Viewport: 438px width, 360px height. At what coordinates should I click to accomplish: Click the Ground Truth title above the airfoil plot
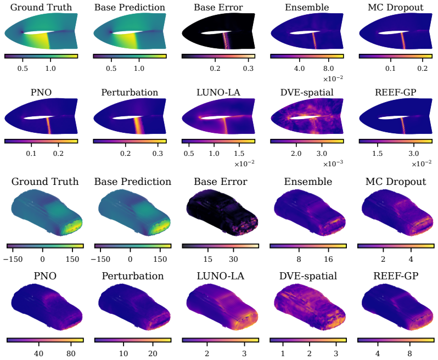41,7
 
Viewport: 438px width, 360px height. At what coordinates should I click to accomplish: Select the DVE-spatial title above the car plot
308,276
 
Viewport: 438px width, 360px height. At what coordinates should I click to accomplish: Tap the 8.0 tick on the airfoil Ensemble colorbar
328,68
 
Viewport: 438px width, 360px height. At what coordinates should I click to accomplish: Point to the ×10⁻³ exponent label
333,164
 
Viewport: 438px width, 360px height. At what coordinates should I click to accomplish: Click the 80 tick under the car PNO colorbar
71,353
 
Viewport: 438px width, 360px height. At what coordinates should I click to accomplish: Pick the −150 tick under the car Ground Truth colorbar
13,259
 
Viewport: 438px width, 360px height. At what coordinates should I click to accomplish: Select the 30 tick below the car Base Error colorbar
233,259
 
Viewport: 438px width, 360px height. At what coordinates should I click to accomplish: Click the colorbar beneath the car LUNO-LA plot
220,340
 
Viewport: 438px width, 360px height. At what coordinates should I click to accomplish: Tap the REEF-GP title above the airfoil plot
396,92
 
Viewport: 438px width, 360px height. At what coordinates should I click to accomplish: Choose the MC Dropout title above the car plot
396,182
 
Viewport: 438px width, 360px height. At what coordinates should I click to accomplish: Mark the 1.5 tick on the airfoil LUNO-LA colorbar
239,153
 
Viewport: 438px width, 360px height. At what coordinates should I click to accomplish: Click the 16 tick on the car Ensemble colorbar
328,259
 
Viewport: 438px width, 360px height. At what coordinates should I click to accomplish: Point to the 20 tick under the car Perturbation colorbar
153,353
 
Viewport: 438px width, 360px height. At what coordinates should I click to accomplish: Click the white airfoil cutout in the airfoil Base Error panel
212,33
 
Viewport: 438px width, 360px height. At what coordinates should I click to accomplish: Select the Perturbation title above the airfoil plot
130,92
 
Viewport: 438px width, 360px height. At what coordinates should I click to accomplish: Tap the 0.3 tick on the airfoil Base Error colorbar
248,68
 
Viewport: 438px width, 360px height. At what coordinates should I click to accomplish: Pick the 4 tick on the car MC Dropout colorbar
411,259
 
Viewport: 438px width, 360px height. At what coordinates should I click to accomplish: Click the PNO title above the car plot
45,276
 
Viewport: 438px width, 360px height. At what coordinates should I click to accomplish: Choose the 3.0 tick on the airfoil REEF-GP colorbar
413,153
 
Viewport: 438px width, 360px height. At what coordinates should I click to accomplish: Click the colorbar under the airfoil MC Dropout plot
396,56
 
